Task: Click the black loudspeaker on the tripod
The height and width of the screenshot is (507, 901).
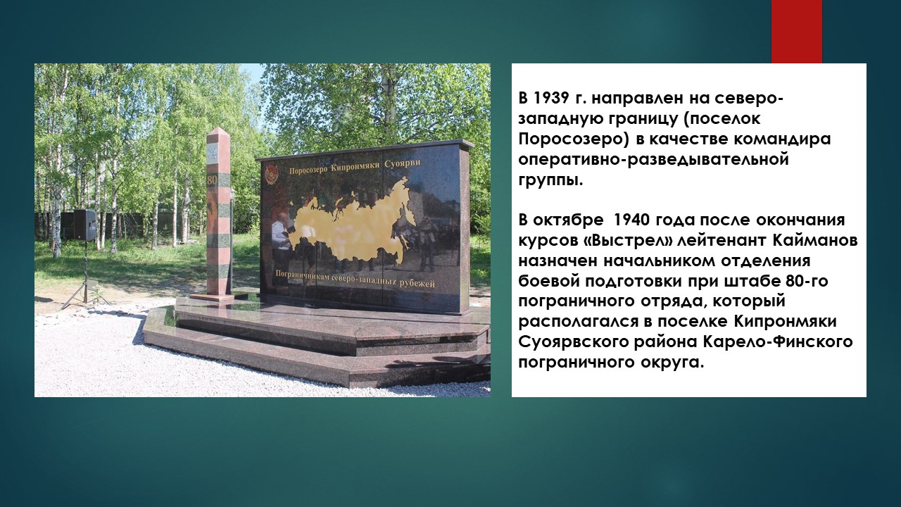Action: pos(84,225)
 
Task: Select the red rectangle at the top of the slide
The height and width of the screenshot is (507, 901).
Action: pos(796,32)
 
